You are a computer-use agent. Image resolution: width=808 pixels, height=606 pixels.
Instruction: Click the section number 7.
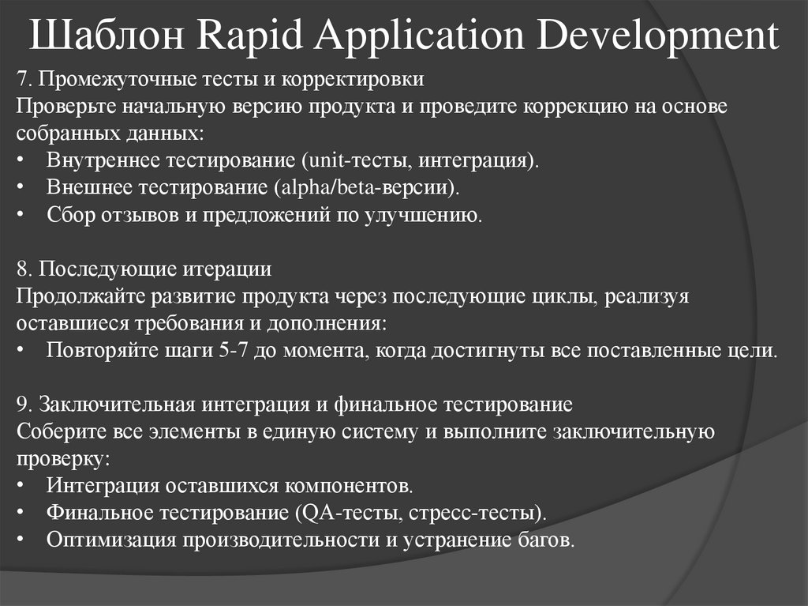22,79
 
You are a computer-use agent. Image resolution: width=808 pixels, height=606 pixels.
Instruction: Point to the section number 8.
22,269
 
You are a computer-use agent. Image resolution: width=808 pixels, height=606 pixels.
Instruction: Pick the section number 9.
22,405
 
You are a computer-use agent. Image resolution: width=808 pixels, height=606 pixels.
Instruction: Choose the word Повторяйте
95,350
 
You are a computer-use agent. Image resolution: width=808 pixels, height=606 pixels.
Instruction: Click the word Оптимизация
112,540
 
